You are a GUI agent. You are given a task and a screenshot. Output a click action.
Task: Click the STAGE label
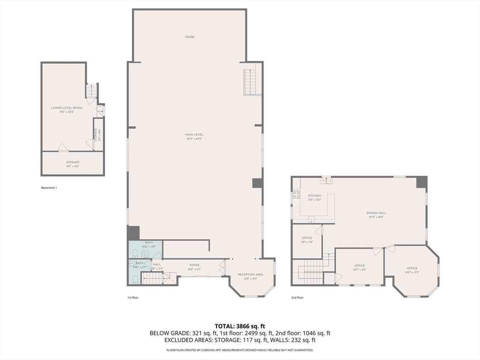189,37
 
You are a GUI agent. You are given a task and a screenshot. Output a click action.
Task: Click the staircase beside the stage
252,82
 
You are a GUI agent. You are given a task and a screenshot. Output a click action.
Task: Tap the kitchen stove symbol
296,195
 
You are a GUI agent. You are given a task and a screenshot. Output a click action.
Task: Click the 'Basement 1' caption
49,188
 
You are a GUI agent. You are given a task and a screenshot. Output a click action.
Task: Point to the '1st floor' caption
133,298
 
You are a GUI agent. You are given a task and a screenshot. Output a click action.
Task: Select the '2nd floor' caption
297,298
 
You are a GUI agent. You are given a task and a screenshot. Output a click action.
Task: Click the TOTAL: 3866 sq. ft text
240,326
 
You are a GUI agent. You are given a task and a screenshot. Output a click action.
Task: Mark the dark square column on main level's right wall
257,183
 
